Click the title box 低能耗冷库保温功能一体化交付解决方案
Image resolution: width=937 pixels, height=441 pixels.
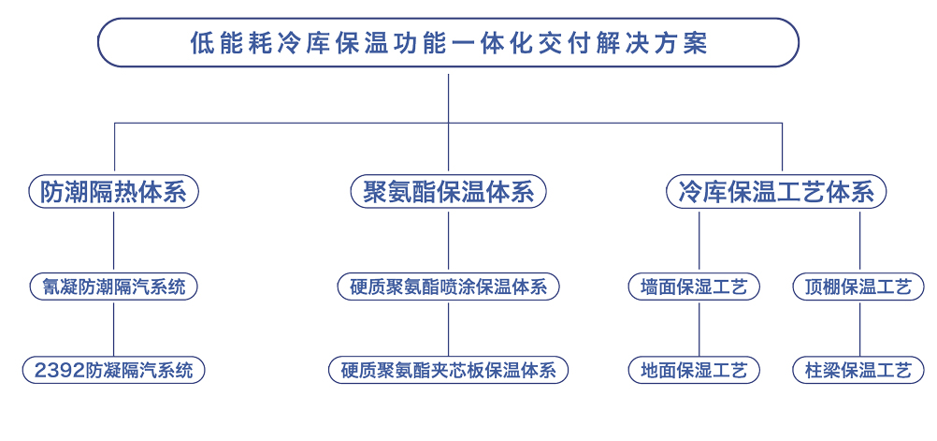tap(448, 42)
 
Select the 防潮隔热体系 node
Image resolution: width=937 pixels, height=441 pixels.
tap(113, 192)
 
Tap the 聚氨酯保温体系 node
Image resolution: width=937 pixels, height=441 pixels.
tap(448, 192)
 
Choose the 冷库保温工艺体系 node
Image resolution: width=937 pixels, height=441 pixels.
tap(776, 192)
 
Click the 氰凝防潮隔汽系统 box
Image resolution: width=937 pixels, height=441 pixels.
tap(113, 287)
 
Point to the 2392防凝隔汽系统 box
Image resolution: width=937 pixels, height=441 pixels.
tap(113, 371)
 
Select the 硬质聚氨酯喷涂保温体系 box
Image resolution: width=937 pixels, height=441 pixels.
tap(448, 287)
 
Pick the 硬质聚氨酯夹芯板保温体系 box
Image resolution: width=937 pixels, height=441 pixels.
tap(448, 371)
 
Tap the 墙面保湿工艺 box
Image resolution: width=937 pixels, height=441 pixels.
tap(694, 287)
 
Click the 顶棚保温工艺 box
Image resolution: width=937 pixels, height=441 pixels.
tap(858, 287)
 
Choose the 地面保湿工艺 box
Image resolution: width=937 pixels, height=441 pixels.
tap(694, 371)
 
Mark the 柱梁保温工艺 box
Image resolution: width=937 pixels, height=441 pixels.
tap(858, 371)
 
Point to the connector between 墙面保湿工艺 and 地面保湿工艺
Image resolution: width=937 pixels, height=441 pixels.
tap(699, 329)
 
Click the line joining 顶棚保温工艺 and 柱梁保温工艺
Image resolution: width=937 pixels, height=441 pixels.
tap(860, 329)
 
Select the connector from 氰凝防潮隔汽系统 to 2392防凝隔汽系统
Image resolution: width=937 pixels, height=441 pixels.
tap(113, 329)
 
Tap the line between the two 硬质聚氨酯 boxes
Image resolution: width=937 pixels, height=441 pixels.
tap(448, 329)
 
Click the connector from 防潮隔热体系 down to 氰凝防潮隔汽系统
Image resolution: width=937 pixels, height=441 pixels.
tap(113, 242)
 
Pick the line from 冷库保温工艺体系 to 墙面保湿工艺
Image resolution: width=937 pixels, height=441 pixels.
tap(699, 242)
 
